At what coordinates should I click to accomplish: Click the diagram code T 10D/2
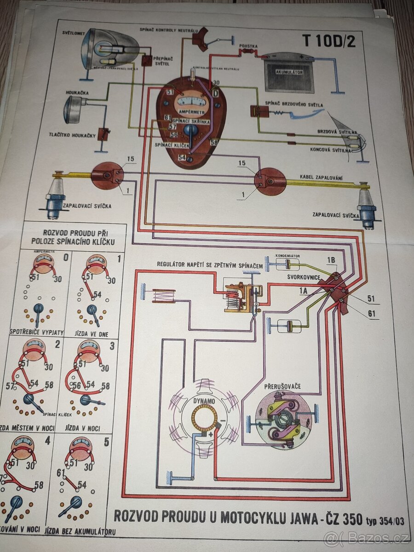[328, 41]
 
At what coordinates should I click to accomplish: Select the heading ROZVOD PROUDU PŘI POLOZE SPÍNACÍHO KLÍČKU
[74, 236]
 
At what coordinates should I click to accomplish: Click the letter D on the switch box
[214, 93]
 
